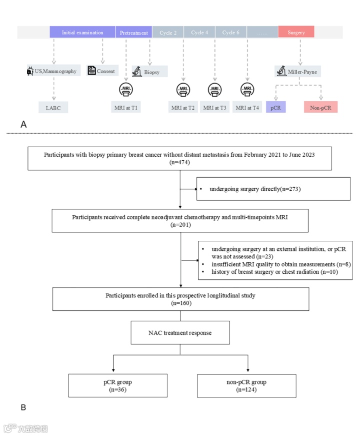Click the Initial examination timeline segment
tap(82, 33)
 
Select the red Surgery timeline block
tap(295, 33)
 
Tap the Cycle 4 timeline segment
tap(199, 33)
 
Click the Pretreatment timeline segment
tap(133, 33)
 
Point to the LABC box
tap(53, 107)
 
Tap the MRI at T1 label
tap(125, 107)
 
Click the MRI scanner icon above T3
tap(215, 90)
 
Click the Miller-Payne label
tap(298, 72)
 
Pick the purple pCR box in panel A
tap(275, 107)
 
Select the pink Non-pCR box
tap(320, 107)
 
